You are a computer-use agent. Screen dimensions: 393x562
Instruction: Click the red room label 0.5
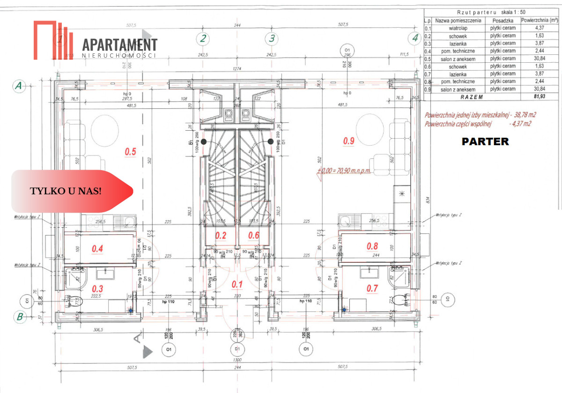131,151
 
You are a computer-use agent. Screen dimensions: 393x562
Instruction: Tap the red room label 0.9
349,140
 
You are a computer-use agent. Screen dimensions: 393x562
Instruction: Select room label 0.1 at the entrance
237,284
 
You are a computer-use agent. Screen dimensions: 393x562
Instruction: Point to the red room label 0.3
97,289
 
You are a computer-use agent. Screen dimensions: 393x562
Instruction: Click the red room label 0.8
372,245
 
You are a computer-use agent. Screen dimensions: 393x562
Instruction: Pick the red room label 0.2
221,235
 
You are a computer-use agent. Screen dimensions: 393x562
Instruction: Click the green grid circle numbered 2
203,38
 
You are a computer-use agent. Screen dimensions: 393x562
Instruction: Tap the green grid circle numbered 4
414,38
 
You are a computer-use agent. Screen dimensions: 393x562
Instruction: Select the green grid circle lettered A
19,86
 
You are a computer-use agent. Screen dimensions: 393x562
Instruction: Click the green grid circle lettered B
20,317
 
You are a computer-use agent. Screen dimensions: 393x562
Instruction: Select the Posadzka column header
503,21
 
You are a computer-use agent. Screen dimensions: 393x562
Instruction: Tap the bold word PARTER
485,141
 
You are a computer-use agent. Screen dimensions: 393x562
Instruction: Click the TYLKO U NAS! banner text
66,191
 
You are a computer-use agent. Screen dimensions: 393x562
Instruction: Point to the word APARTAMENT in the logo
120,44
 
